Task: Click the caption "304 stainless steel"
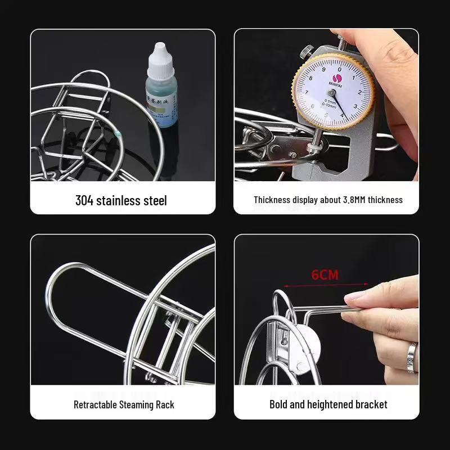(x=121, y=200)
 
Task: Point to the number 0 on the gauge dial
(x=332, y=62)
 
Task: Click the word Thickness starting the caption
(x=272, y=200)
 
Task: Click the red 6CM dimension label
(x=325, y=275)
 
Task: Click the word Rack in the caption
(x=165, y=404)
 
